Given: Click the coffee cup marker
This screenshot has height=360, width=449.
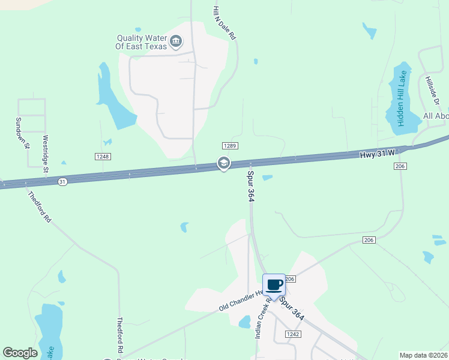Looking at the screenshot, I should pyautogui.click(x=274, y=285).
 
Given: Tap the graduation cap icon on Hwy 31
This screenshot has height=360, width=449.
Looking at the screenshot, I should pyautogui.click(x=223, y=163).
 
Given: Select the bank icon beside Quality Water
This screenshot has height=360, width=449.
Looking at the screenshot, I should pyautogui.click(x=176, y=41).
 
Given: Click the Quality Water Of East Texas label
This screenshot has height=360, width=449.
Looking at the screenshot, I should pyautogui.click(x=142, y=41).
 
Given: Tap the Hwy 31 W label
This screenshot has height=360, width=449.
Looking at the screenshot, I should pyautogui.click(x=377, y=154).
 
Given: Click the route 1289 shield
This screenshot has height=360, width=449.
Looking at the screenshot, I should pyautogui.click(x=230, y=146).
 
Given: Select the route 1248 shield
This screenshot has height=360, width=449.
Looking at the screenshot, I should pyautogui.click(x=103, y=157).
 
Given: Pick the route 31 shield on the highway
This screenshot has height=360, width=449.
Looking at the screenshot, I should pyautogui.click(x=62, y=181).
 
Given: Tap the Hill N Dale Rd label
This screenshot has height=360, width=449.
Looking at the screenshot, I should pyautogui.click(x=224, y=23).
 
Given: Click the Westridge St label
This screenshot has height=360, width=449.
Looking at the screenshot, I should pyautogui.click(x=45, y=154).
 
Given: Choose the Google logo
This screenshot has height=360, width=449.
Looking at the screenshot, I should pyautogui.click(x=20, y=353).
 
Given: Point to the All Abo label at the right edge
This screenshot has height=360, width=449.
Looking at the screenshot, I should pyautogui.click(x=435, y=116).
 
